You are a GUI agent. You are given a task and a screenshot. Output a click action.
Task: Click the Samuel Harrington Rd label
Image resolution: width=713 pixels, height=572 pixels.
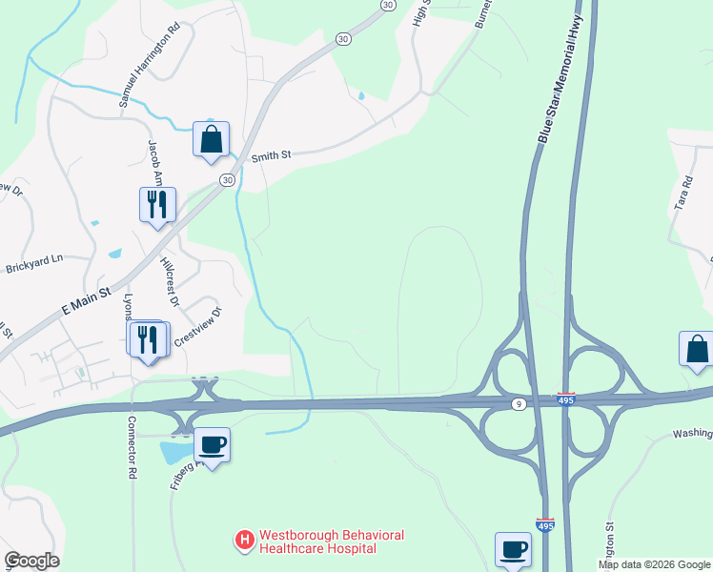click(x=148, y=71)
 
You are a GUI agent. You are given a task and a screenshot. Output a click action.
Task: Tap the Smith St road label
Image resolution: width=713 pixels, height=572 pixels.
click(x=270, y=155)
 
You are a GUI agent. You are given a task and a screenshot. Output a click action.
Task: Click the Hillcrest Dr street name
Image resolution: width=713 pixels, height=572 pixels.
click(x=170, y=280)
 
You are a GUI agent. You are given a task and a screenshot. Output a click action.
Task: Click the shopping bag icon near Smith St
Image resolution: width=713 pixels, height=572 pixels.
click(x=211, y=139)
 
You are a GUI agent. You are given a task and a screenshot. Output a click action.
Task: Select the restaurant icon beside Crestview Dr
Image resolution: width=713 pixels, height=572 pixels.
click(x=147, y=339)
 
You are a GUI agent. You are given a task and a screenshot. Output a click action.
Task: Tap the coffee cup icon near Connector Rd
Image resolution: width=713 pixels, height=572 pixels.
click(x=212, y=445)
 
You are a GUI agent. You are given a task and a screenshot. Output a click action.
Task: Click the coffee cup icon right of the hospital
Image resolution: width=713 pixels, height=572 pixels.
click(x=513, y=550)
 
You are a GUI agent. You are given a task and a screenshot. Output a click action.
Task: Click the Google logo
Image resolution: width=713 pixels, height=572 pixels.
click(x=31, y=561)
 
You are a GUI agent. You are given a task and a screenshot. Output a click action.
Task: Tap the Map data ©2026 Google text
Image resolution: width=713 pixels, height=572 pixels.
click(x=654, y=564)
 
